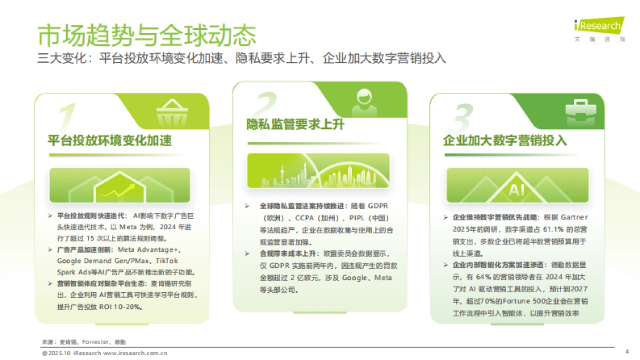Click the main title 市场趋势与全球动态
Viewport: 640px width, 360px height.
pyautogui.click(x=147, y=35)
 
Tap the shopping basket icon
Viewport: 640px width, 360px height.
pyautogui.click(x=171, y=112)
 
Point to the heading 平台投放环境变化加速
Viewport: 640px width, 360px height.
pyautogui.click(x=110, y=141)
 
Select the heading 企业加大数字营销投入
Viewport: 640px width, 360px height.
pyautogui.click(x=505, y=141)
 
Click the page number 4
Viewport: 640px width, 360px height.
pyautogui.click(x=627, y=352)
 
